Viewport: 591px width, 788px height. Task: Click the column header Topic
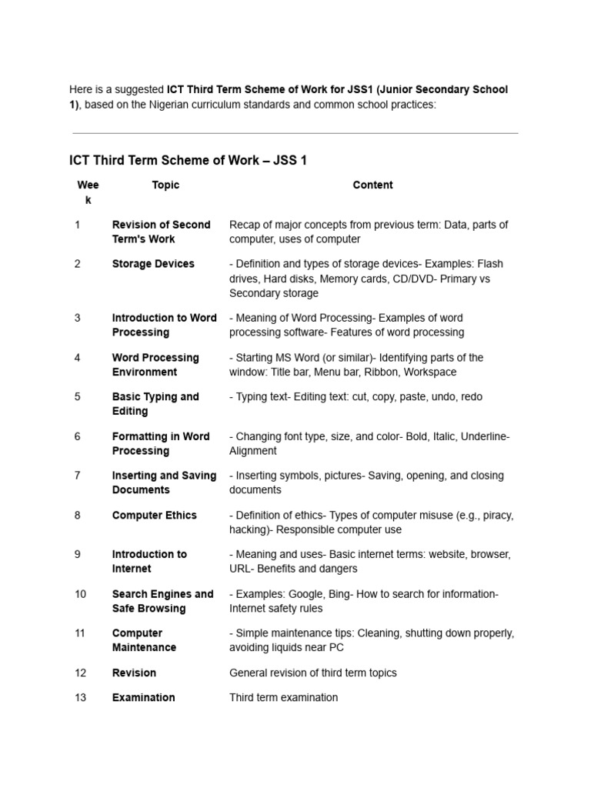click(165, 185)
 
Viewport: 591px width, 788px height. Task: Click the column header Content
click(372, 185)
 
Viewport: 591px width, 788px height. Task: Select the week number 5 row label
click(77, 397)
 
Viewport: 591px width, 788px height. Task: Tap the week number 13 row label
click(81, 698)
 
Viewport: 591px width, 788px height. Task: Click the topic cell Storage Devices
click(153, 264)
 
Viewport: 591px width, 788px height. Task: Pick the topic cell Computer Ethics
click(154, 516)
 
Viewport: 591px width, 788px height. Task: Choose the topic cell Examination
click(143, 698)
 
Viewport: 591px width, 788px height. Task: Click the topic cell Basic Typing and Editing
click(155, 404)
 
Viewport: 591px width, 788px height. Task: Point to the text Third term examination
click(283, 698)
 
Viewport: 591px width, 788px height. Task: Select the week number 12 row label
click(81, 673)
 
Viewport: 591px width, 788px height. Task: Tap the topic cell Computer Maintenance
click(144, 640)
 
